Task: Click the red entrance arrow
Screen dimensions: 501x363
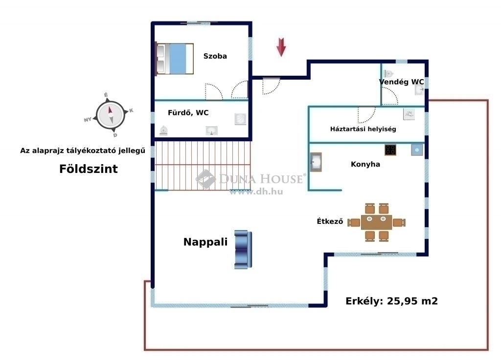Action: click(x=281, y=47)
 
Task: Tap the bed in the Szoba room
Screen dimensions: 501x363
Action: click(x=175, y=59)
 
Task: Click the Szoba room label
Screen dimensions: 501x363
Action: click(x=215, y=56)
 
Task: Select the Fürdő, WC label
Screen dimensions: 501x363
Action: click(x=188, y=112)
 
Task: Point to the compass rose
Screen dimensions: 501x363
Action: click(x=110, y=115)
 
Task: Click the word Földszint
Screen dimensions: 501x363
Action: click(x=89, y=169)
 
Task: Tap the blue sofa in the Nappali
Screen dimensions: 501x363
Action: click(x=243, y=249)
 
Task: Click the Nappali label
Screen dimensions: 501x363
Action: click(x=205, y=242)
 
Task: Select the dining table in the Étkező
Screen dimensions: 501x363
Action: click(x=376, y=222)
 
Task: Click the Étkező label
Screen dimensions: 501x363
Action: click(x=330, y=221)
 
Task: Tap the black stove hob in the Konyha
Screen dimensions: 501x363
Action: click(x=390, y=150)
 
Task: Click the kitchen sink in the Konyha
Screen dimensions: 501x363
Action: click(x=316, y=162)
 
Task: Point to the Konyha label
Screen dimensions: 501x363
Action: click(x=365, y=164)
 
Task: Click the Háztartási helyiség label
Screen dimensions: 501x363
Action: click(x=363, y=129)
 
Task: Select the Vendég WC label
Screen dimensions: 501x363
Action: click(x=401, y=82)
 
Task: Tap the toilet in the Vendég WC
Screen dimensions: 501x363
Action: click(x=388, y=74)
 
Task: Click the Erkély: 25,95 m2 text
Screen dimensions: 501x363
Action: click(x=391, y=301)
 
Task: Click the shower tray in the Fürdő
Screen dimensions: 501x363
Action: click(x=241, y=119)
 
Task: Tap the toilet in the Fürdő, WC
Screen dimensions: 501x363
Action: click(x=163, y=130)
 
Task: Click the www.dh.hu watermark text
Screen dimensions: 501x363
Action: click(x=256, y=192)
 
